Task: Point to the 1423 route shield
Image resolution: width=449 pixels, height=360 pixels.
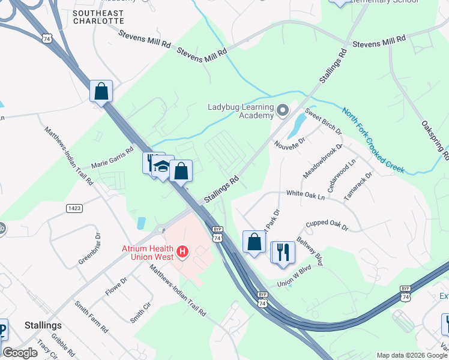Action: click(x=74, y=208)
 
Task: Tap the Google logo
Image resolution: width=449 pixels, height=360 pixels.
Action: click(x=20, y=353)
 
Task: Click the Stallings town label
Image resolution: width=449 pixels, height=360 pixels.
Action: click(x=43, y=325)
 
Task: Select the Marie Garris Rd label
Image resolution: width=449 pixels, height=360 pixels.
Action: click(x=112, y=158)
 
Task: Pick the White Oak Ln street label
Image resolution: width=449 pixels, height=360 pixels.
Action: click(x=305, y=194)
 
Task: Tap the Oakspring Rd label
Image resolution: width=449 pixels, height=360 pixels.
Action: click(x=436, y=138)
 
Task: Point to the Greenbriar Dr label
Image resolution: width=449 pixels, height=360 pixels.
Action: click(x=88, y=253)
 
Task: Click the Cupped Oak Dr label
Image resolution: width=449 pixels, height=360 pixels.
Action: click(x=327, y=224)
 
